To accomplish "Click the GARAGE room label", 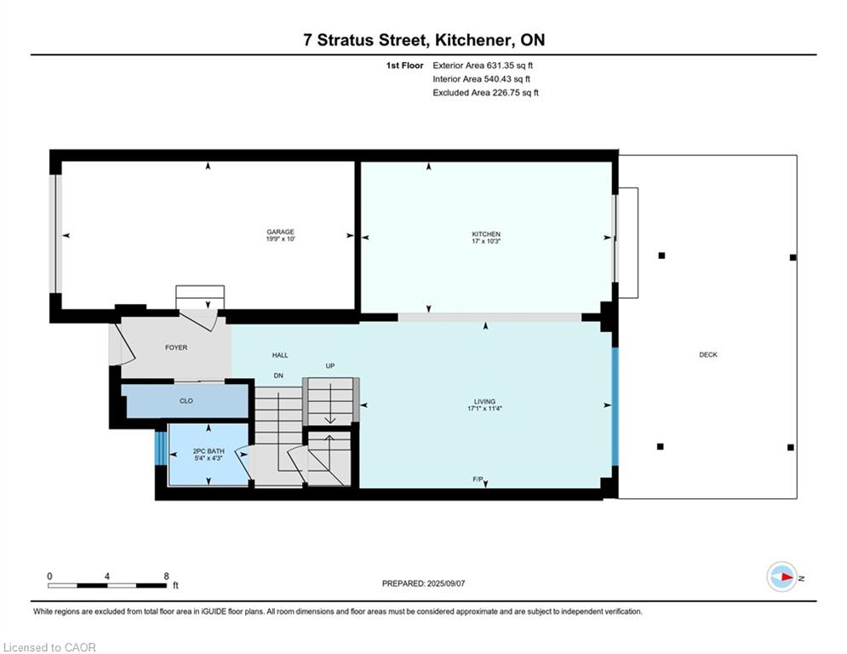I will (280, 232).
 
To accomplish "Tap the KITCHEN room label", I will (486, 234).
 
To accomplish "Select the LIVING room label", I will (484, 402).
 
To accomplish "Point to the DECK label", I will (707, 355).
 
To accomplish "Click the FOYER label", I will (175, 347).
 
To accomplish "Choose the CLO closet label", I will (186, 401).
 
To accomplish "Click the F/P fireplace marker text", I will (478, 480).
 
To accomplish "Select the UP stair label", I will (330, 366).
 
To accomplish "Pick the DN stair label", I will (278, 376).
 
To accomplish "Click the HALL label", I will (280, 355).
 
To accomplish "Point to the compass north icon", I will (781, 577).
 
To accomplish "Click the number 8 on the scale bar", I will (165, 576).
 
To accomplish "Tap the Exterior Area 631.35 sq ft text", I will (483, 65).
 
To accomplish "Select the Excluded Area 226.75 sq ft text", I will (485, 93).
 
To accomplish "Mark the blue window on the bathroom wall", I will (159, 449).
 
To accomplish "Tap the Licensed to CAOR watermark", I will (49, 647).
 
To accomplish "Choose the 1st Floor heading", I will (404, 65).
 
